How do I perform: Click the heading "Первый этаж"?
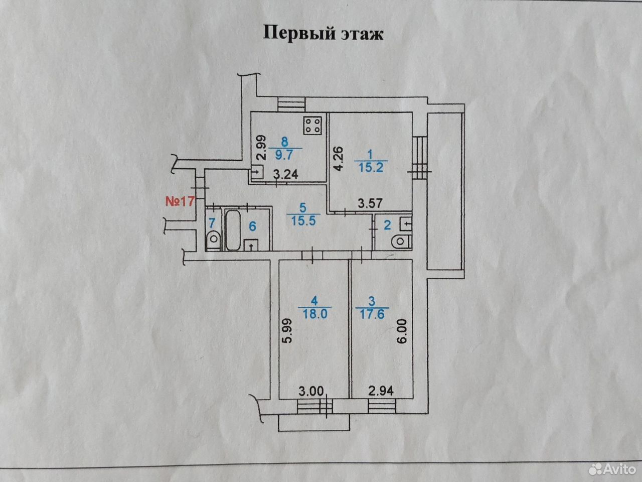pyautogui.click(x=323, y=33)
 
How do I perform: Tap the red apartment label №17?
pyautogui.click(x=180, y=201)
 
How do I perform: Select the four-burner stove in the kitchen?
pyautogui.click(x=312, y=126)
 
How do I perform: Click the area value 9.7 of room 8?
pyautogui.click(x=284, y=154)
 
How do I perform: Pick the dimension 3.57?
pyautogui.click(x=371, y=203)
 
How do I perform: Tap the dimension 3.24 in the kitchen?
pyautogui.click(x=286, y=174)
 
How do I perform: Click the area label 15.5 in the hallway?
pyautogui.click(x=303, y=220)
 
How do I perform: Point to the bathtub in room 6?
pyautogui.click(x=233, y=230)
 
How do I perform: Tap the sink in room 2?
pyautogui.click(x=406, y=224)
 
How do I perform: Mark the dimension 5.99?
pyautogui.click(x=288, y=330)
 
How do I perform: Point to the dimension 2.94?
pyautogui.click(x=381, y=391)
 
